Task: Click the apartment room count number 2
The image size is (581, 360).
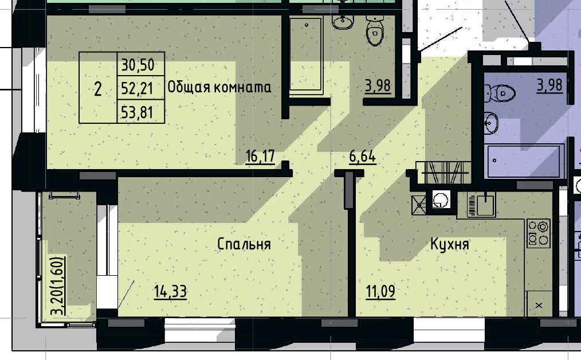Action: (98, 89)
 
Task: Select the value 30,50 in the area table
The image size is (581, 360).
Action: (138, 65)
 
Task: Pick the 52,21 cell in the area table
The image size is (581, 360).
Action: (137, 89)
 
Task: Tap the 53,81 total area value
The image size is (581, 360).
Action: (137, 112)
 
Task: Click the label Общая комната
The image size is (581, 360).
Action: (219, 87)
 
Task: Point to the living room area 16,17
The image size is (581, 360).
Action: (260, 156)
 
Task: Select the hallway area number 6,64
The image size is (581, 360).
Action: (362, 156)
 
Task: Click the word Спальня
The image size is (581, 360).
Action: (244, 244)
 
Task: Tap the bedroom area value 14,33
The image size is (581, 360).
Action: (170, 291)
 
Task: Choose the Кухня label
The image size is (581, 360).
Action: (449, 244)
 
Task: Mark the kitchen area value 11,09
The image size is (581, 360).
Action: (380, 291)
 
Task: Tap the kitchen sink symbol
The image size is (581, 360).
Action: (481, 204)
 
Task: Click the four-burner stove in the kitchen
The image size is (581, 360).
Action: (539, 233)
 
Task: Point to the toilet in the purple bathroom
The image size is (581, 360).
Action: (500, 93)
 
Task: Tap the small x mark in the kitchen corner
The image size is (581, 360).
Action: (539, 305)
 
